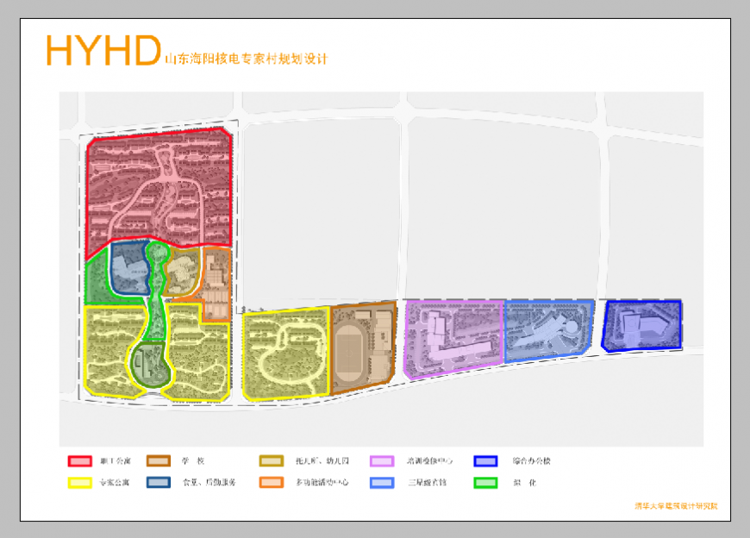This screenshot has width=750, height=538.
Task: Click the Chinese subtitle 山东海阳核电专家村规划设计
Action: pyautogui.click(x=247, y=59)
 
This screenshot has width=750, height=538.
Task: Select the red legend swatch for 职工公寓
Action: pyautogui.click(x=80, y=461)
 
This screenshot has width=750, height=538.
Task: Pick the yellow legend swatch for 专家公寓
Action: pyautogui.click(x=80, y=483)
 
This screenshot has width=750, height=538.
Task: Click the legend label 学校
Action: pyautogui.click(x=191, y=461)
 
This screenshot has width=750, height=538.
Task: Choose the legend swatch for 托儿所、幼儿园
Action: pyautogui.click(x=271, y=461)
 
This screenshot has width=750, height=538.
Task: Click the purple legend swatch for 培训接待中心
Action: pyautogui.click(x=382, y=461)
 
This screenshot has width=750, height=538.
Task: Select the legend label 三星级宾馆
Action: pyautogui.click(x=427, y=483)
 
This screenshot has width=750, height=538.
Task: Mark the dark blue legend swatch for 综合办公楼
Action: pyautogui.click(x=486, y=461)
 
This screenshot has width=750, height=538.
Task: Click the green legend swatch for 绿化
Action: pyautogui.click(x=486, y=483)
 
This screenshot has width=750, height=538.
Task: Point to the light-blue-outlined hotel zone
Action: pyautogui.click(x=547, y=330)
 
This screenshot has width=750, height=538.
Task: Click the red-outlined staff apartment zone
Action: pyautogui.click(x=159, y=190)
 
